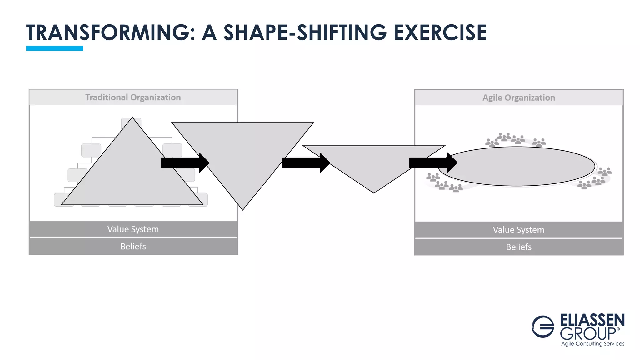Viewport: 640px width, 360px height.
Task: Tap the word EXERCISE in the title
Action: tap(440, 32)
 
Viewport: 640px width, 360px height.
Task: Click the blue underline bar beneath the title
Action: tap(55, 48)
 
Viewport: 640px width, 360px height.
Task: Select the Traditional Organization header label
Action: tap(133, 97)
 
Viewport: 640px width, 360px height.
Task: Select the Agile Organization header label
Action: tap(519, 98)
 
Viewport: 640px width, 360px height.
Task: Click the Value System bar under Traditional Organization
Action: tap(133, 229)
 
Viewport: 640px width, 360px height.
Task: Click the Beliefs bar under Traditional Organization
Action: tap(133, 247)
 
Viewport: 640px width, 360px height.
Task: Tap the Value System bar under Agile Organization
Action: tap(519, 230)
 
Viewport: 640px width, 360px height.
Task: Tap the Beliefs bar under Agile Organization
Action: tap(519, 247)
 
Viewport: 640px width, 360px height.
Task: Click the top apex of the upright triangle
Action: tap(132, 118)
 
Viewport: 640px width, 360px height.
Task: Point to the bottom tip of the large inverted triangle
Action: tap(243, 209)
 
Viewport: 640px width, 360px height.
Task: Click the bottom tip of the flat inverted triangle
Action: tap(374, 192)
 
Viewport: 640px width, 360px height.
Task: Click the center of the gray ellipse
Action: tap(517, 167)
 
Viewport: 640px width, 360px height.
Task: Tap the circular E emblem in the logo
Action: tap(543, 327)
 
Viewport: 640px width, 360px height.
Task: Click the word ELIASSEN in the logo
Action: tap(592, 320)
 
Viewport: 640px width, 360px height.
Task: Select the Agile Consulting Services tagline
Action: tap(592, 344)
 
